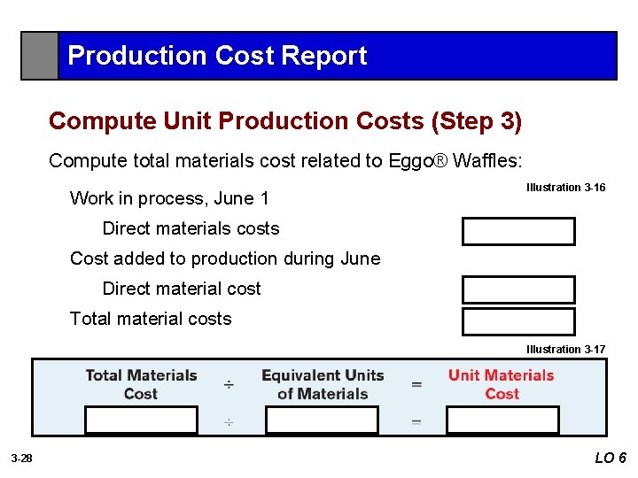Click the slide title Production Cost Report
click(217, 56)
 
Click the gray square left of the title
click(40, 56)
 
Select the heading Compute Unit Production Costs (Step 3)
click(285, 120)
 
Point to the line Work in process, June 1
click(169, 198)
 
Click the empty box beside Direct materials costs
click(517, 231)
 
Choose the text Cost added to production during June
click(225, 258)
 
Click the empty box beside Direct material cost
click(517, 289)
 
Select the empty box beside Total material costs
click(517, 321)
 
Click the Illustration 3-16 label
click(565, 188)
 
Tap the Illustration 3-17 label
click(565, 350)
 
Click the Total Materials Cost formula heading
click(141, 384)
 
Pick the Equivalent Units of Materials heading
click(323, 384)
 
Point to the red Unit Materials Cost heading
click(502, 384)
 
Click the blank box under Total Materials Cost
click(141, 420)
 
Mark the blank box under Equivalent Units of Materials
click(322, 420)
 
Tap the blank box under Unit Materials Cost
click(502, 420)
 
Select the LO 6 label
click(611, 458)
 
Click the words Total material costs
click(151, 319)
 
